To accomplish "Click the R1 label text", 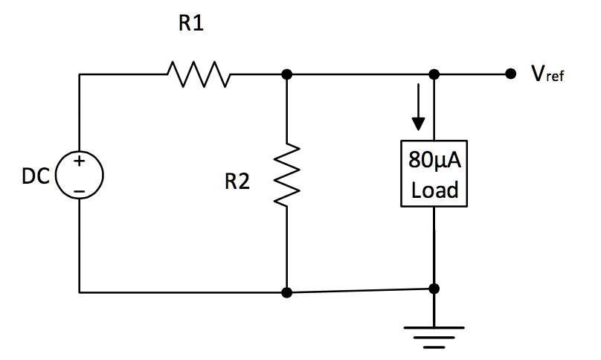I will click(x=191, y=25).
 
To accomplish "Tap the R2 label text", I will click(x=237, y=182).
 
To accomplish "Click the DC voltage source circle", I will click(x=79, y=177).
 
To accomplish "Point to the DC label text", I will click(x=36, y=177).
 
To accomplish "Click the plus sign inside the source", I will click(x=78, y=162).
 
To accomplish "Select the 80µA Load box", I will click(x=434, y=174).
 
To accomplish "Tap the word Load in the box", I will click(x=434, y=190).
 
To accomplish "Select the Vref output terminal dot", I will click(x=510, y=74).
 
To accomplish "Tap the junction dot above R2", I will click(x=287, y=74).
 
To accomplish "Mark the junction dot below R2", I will click(x=287, y=292).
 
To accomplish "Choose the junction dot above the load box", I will click(x=434, y=74).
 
